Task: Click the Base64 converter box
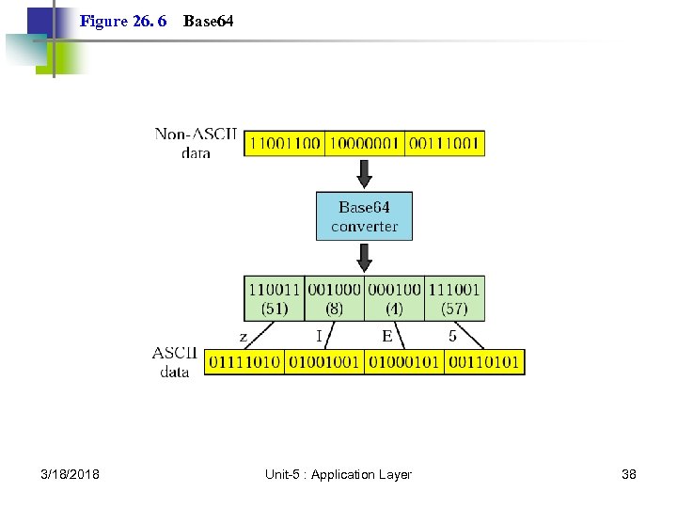point(364,216)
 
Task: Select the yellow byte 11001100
point(284,144)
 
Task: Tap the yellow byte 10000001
point(364,144)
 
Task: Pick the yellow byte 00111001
point(445,144)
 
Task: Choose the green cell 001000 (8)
point(334,298)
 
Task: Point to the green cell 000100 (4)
point(395,298)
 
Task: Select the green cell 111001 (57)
point(455,298)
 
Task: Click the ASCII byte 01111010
point(244,362)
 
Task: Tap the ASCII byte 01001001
point(324,362)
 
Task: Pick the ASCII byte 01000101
point(404,362)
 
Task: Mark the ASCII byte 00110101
point(484,362)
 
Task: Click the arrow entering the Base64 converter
point(364,173)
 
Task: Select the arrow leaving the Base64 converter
point(364,257)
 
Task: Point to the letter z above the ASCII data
point(244,336)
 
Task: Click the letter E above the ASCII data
point(387,336)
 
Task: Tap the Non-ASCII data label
point(197,143)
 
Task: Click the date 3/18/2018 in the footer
point(71,474)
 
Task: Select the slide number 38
point(629,474)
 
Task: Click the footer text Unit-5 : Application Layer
point(338,474)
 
